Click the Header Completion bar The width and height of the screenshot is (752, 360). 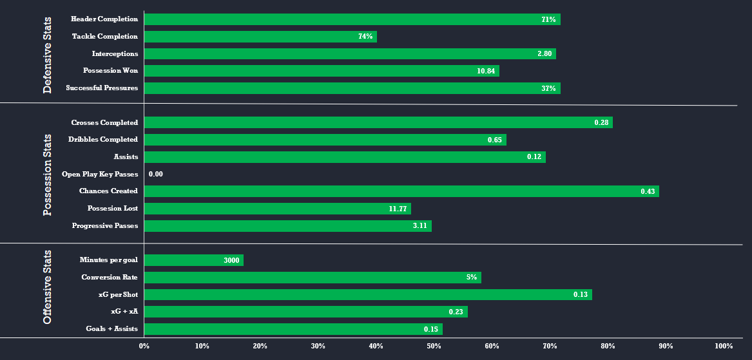click(352, 19)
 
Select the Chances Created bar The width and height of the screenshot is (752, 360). click(401, 191)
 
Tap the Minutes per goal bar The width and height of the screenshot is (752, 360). click(193, 260)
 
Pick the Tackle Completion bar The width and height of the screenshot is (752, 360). click(260, 37)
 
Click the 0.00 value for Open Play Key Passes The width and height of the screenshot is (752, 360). click(155, 174)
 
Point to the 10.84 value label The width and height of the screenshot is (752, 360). click(486, 71)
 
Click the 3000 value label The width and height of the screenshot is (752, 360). click(231, 260)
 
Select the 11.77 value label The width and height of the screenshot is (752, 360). click(398, 209)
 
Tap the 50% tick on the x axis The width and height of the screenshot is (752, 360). click(434, 346)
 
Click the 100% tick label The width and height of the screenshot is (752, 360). click(724, 346)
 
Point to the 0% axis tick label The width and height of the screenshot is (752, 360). click(144, 346)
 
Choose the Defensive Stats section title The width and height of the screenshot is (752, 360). click(48, 55)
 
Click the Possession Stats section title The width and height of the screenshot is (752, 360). click(48, 175)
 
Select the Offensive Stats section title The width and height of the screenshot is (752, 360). click(48, 287)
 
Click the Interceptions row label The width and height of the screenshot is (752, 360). click(115, 53)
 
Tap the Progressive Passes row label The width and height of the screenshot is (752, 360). click(104, 225)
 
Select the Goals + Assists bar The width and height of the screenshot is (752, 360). click(293, 329)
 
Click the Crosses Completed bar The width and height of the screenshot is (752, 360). click(378, 122)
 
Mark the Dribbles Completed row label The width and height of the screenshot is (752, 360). click(103, 139)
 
